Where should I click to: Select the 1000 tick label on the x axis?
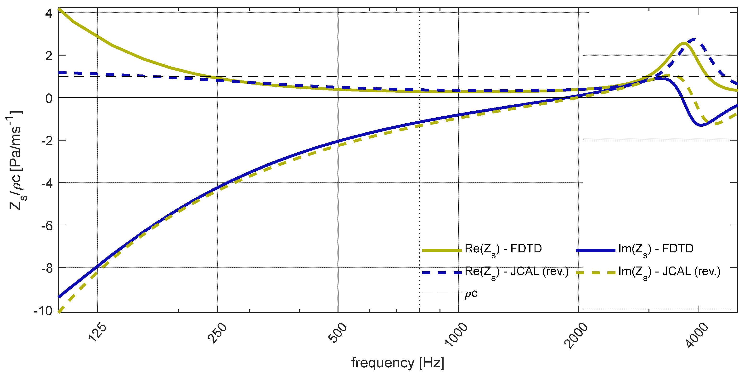[x=456, y=335]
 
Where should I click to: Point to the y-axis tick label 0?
[x=49, y=98]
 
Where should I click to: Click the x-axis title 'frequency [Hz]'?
[x=398, y=363]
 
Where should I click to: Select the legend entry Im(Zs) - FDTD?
[x=656, y=249]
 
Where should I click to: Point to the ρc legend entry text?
[x=471, y=294]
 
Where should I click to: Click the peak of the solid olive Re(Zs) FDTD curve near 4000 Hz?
[x=684, y=44]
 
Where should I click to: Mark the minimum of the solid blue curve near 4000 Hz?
[x=701, y=125]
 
